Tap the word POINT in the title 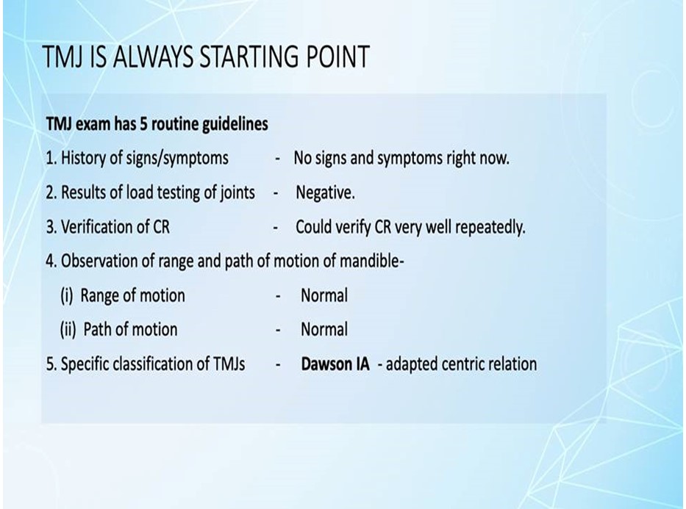[337, 57]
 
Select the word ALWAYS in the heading [153, 57]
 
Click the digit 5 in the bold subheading [143, 124]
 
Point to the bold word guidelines [235, 125]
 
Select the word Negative [325, 192]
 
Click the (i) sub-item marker [66, 296]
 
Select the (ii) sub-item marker [68, 330]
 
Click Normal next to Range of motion [324, 296]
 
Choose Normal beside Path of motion [324, 330]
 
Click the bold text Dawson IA [335, 364]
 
